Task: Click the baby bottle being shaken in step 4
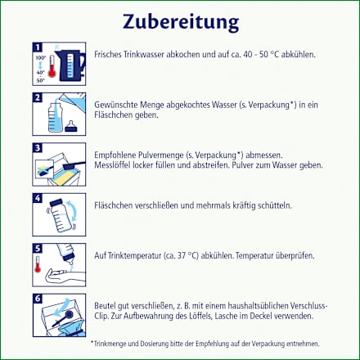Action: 62,214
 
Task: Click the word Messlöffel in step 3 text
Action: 114,164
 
